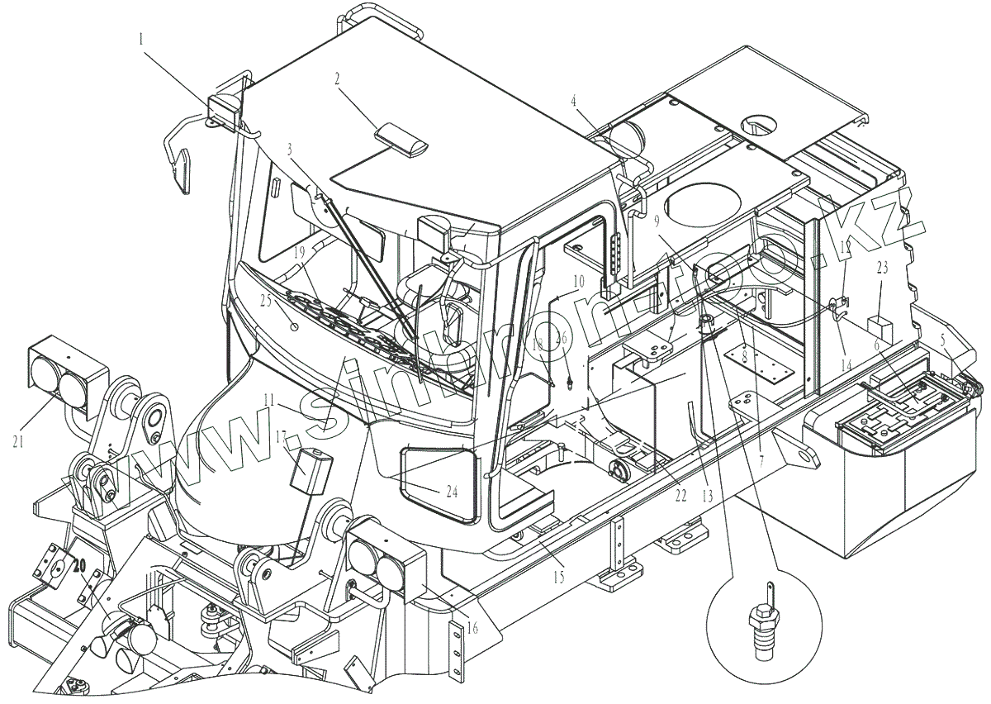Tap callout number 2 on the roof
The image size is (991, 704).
338,79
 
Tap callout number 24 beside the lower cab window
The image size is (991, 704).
451,492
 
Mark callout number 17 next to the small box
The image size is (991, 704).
281,437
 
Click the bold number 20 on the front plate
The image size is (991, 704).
79,566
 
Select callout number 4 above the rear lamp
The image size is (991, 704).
573,102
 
